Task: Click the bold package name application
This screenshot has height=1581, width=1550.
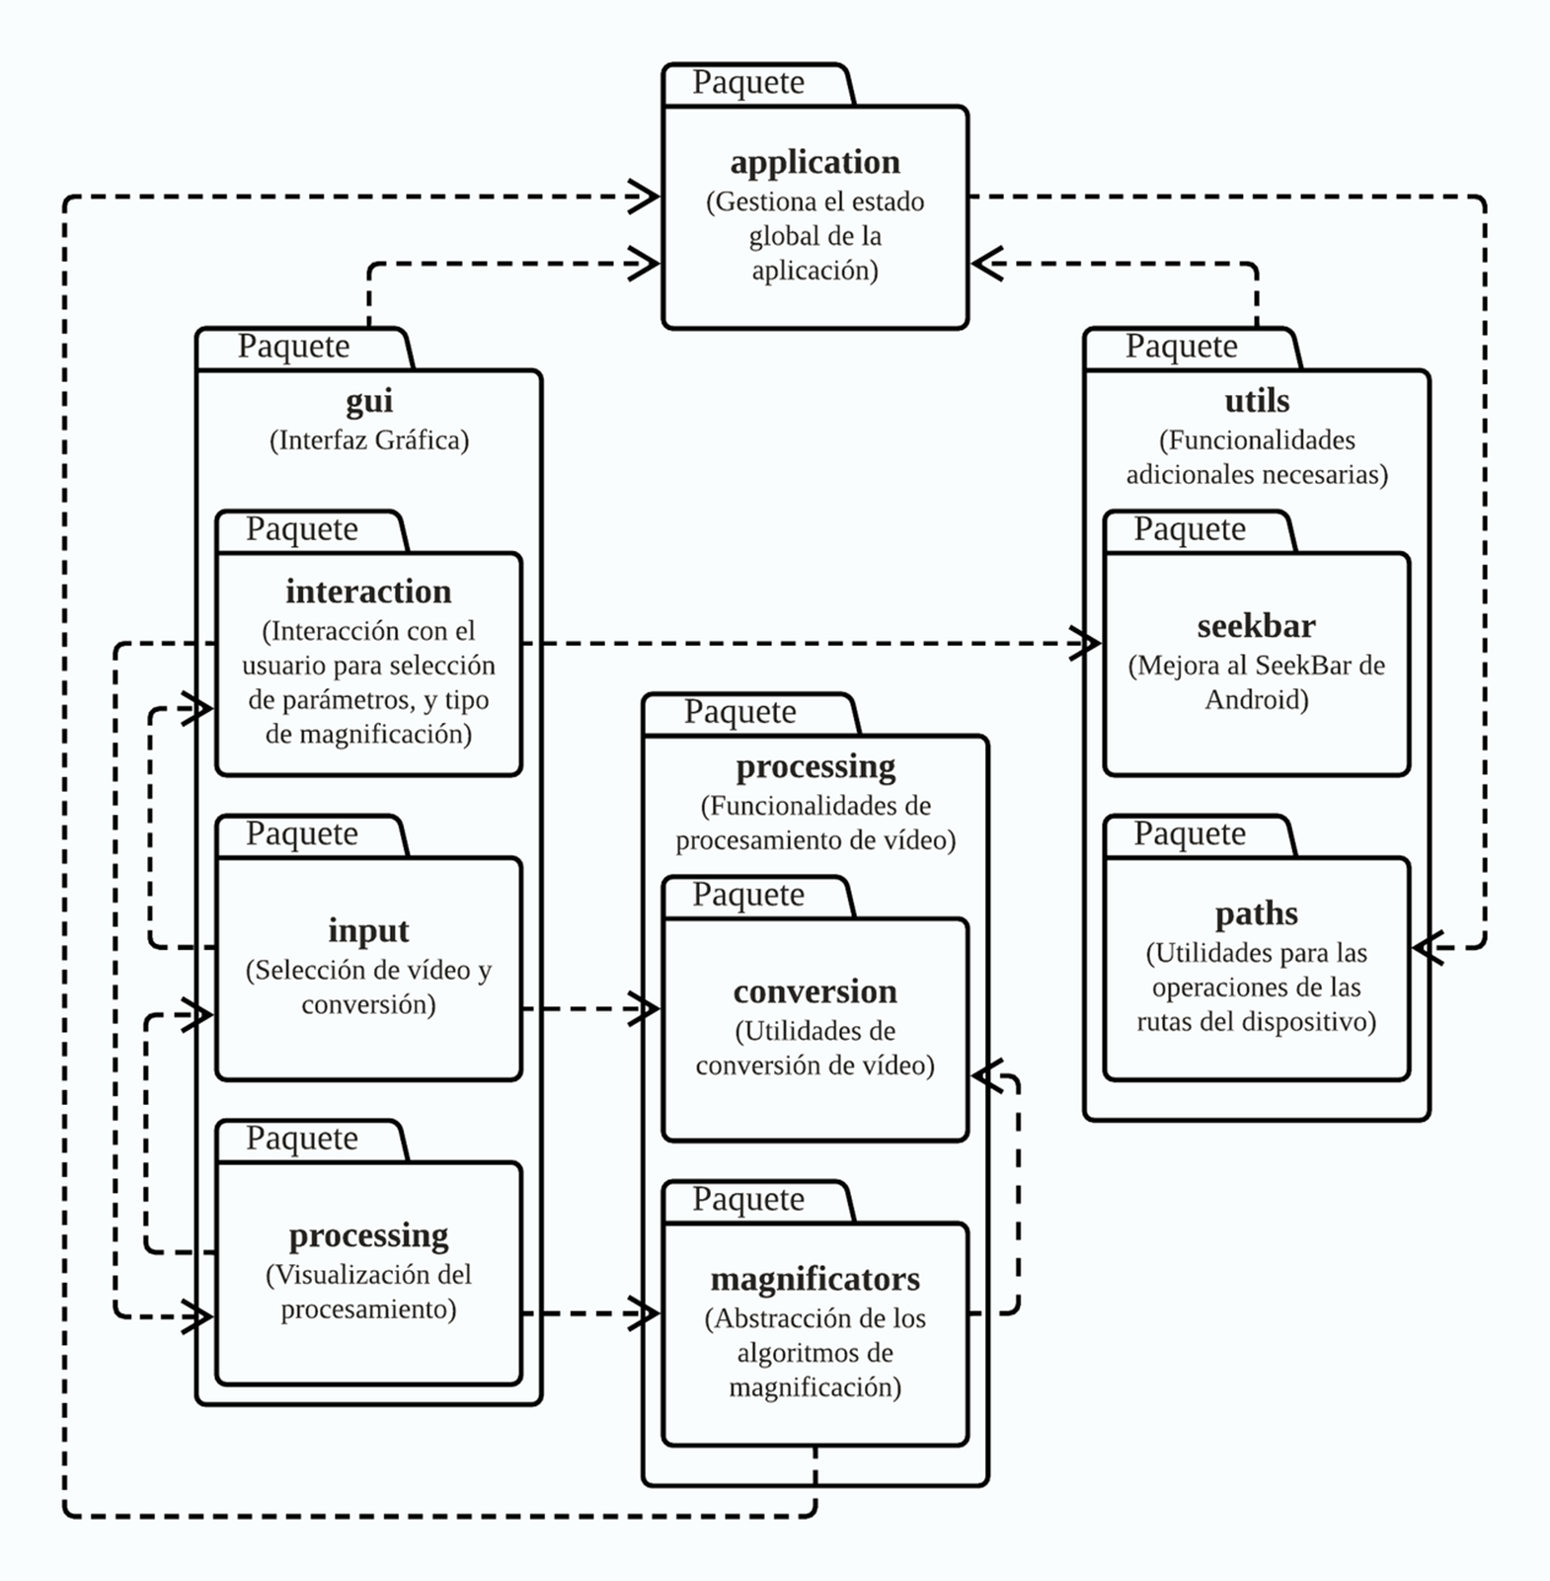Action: (x=814, y=162)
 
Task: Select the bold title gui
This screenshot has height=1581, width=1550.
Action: (x=368, y=401)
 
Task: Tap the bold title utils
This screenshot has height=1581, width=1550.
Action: (x=1256, y=401)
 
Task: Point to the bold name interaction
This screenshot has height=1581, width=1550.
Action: (x=368, y=592)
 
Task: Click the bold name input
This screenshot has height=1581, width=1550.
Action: (x=368, y=930)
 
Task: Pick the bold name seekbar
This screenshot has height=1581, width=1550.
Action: (x=1256, y=626)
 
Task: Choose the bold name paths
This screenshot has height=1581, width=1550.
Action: (x=1256, y=913)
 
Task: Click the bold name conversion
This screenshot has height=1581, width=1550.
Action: (x=814, y=991)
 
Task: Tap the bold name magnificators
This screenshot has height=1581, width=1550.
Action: (x=814, y=1279)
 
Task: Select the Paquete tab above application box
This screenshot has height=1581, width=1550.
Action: (x=748, y=83)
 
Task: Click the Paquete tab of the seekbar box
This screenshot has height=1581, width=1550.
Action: (x=1189, y=529)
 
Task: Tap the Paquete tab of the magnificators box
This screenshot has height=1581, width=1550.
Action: (x=748, y=1200)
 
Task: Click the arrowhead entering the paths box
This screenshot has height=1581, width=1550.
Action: (x=1426, y=948)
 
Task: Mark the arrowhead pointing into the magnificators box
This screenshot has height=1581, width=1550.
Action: (x=647, y=1313)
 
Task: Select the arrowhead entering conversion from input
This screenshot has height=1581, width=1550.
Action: (x=647, y=1009)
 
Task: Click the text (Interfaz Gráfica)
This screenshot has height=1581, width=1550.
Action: (x=368, y=440)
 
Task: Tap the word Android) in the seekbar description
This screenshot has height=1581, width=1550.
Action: (x=1256, y=700)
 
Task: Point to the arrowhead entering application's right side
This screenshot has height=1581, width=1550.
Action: (x=985, y=264)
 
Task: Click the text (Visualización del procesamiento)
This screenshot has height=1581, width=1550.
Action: (x=368, y=1292)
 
